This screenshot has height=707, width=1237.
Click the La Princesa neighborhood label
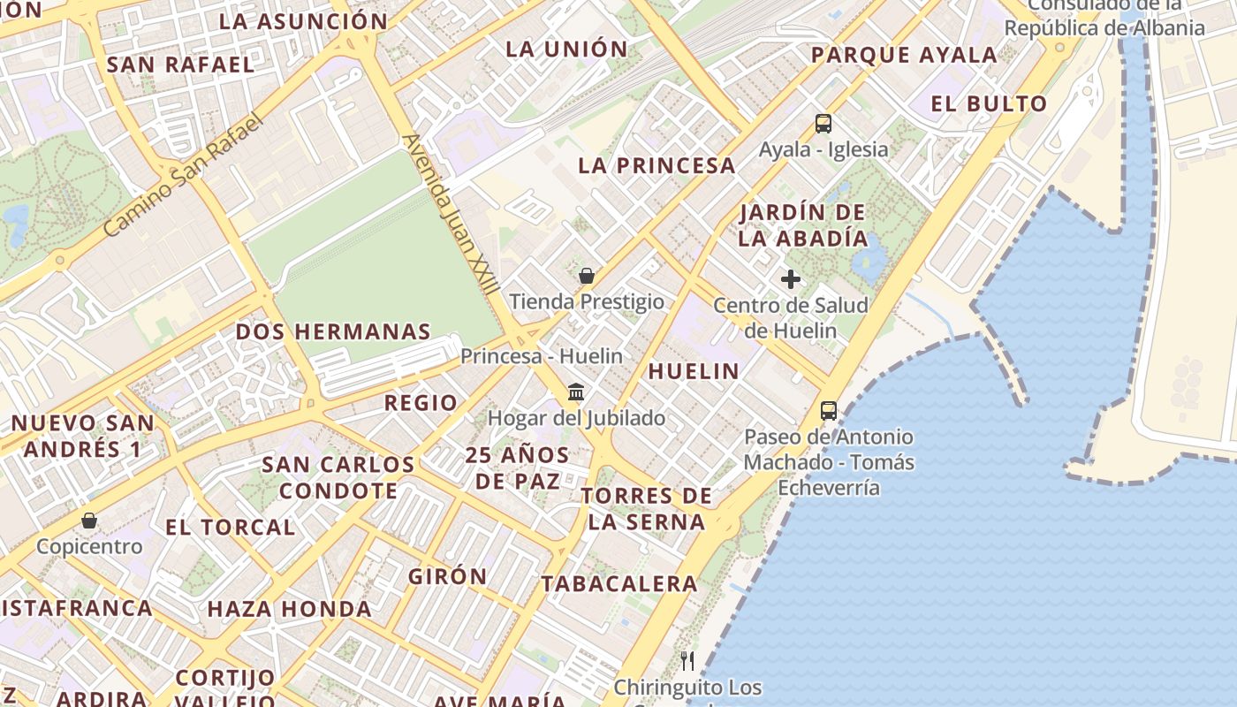pyautogui.click(x=656, y=165)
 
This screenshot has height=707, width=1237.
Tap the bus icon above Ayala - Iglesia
pyautogui.click(x=823, y=124)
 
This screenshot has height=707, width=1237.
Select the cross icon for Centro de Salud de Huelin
pyautogui.click(x=791, y=280)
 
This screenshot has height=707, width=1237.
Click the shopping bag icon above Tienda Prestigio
pyautogui.click(x=586, y=276)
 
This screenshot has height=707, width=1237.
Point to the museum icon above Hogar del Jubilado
pyautogui.click(x=576, y=392)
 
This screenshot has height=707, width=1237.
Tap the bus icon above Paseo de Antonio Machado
pyautogui.click(x=828, y=410)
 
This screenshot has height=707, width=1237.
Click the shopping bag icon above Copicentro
pyautogui.click(x=88, y=521)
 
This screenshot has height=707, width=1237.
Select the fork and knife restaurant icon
pyautogui.click(x=687, y=660)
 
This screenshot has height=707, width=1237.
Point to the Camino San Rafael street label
pyautogui.click(x=183, y=174)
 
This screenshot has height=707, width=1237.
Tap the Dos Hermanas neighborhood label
pyautogui.click(x=332, y=332)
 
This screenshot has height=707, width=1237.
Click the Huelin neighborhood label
pyautogui.click(x=694, y=371)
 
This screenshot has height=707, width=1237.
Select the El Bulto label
pyautogui.click(x=989, y=104)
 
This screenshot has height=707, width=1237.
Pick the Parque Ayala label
pyautogui.click(x=904, y=55)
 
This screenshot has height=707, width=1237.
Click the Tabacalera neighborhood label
pyautogui.click(x=619, y=583)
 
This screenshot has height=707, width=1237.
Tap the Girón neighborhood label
pyautogui.click(x=447, y=576)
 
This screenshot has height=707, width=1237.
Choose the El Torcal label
pyautogui.click(x=230, y=527)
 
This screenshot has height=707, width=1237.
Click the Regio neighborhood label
pyautogui.click(x=421, y=403)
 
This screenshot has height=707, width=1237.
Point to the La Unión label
pyautogui.click(x=566, y=49)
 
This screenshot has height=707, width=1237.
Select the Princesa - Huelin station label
pyautogui.click(x=542, y=356)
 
